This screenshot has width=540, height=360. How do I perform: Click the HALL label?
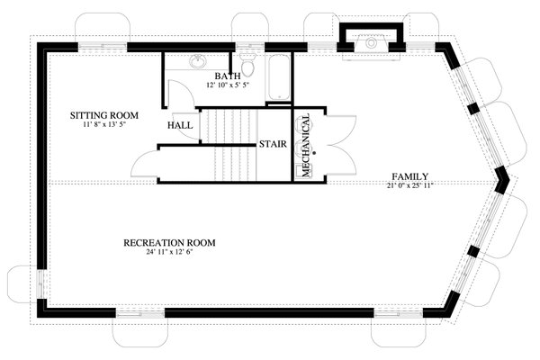coord(180,126)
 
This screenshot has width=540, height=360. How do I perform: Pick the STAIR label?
coord(273,144)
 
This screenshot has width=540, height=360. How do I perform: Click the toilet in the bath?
coord(252,66)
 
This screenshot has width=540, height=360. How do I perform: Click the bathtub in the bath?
coord(279,77)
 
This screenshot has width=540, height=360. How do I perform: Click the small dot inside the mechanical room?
coord(315,154)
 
